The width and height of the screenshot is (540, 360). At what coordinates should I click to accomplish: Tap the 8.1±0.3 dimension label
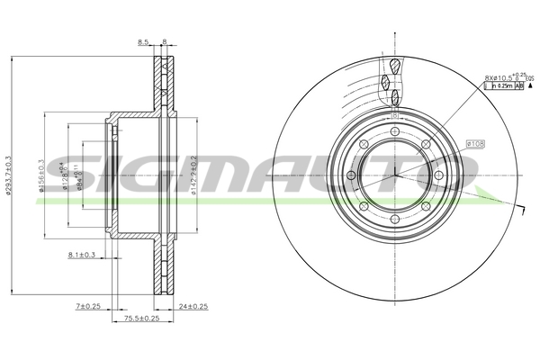point(82,256)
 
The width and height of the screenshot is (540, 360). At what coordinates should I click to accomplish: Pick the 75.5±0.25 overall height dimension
point(142,319)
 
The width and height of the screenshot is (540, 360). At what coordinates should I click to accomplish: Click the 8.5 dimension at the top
point(142,41)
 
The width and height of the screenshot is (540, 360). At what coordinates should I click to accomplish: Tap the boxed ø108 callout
point(476,143)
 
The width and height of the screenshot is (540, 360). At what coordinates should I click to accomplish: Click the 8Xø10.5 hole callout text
point(498,77)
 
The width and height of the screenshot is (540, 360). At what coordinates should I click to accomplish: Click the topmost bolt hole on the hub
point(395,131)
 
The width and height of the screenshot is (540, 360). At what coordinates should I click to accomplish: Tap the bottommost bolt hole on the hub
point(395,219)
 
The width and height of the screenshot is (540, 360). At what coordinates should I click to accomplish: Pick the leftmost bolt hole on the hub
point(351,175)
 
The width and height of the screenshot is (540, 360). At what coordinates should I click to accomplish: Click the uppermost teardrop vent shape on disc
point(396,65)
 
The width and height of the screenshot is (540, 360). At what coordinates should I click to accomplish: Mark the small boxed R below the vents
point(395,116)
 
